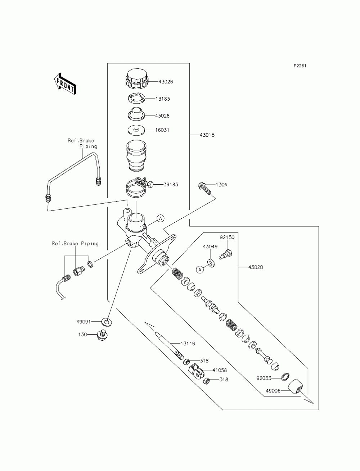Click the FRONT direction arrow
(x=65, y=83)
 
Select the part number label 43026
(x=166, y=82)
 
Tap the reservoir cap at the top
(x=136, y=79)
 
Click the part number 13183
(x=163, y=99)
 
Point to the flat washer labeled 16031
(x=136, y=131)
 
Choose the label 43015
(x=207, y=135)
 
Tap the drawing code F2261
(x=300, y=66)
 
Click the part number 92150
(x=227, y=237)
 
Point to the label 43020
(x=256, y=267)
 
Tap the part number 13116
(x=188, y=344)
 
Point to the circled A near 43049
(x=200, y=270)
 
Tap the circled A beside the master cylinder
(x=161, y=218)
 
